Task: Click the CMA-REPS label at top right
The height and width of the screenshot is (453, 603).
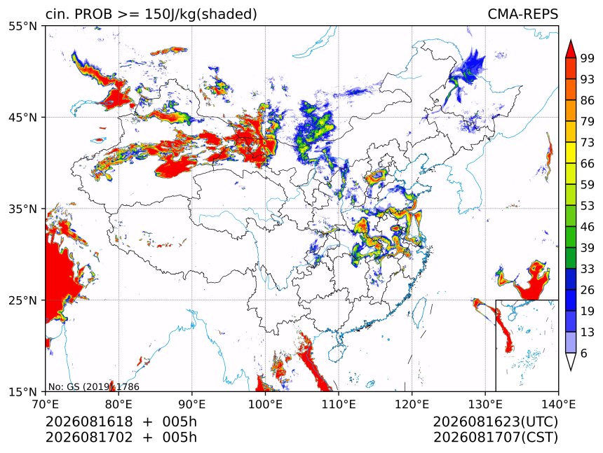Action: [522, 14]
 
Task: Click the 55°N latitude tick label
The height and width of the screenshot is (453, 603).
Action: [22, 27]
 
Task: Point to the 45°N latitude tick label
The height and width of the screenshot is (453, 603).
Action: [22, 118]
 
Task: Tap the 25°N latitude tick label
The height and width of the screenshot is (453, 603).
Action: [22, 300]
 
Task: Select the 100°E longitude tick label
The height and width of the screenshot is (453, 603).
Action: [265, 404]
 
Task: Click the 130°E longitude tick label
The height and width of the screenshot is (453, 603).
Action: [485, 404]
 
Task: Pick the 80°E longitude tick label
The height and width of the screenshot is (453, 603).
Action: [118, 404]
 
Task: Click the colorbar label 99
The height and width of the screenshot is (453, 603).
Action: [588, 58]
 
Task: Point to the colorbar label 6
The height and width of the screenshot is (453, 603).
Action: [584, 353]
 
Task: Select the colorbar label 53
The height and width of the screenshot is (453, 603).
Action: [588, 206]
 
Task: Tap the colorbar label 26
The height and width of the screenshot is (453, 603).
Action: [588, 290]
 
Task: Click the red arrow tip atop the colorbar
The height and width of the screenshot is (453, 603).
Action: [571, 40]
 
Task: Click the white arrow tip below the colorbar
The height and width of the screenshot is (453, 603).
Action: [571, 370]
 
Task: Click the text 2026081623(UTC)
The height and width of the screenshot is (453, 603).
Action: [495, 422]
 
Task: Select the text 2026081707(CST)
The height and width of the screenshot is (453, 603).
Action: [495, 438]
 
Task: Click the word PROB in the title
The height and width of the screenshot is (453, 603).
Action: [94, 14]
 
